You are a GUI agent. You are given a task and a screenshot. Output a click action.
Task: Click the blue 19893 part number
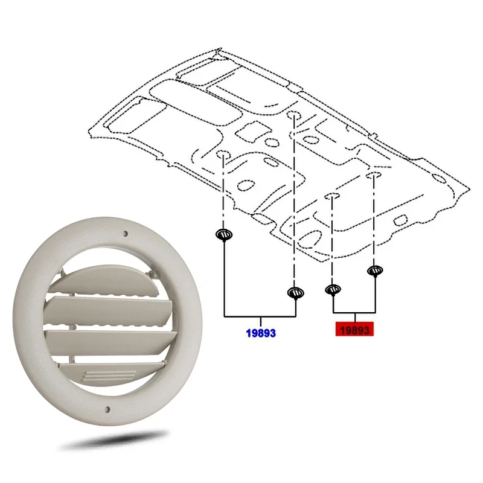(261, 333)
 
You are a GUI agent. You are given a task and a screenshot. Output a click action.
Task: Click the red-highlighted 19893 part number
(354, 329)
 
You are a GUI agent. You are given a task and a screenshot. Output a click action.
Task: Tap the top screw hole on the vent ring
(125, 234)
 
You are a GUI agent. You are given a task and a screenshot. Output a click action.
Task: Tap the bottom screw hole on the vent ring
(107, 409)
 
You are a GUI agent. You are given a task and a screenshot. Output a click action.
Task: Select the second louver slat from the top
(108, 311)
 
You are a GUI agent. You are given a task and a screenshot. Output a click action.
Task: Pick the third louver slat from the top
(111, 342)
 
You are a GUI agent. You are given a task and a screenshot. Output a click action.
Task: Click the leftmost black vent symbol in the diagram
(224, 235)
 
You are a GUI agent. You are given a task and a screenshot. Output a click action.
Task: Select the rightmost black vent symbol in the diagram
(375, 270)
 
